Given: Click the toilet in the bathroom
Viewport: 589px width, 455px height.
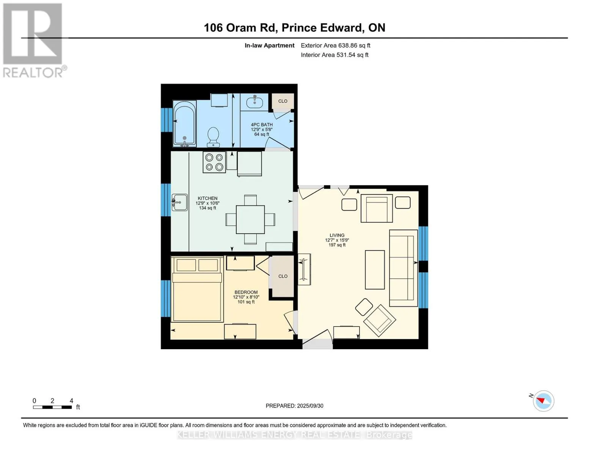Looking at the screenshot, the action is (213, 137).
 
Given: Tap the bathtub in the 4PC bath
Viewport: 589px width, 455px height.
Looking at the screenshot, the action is (184, 124).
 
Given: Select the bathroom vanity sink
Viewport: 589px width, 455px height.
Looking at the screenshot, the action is (254, 102).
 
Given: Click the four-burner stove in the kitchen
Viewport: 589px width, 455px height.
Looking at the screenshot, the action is (214, 162).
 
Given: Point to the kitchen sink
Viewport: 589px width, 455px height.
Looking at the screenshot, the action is (179, 202).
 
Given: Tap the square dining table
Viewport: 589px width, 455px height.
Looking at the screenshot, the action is (250, 220).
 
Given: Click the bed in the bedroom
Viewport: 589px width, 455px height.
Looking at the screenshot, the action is (197, 289).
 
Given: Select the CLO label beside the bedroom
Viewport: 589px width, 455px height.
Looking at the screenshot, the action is (283, 276).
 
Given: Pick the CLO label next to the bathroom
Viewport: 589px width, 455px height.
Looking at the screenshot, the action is (283, 101).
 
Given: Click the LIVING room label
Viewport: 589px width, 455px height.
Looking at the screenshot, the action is (337, 235).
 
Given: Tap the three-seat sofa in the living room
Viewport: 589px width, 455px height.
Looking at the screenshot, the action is (403, 268).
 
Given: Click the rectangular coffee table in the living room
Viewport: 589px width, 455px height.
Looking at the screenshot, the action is (375, 270).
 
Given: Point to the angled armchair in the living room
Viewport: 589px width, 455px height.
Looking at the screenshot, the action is (380, 319).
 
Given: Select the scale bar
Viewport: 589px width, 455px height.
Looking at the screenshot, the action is (52, 407).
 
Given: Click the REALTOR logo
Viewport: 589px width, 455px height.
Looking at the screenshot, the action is (34, 40).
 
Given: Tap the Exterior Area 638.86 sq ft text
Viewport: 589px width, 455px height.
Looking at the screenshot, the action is (335, 45).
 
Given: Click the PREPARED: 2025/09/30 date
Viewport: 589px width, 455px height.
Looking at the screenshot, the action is (294, 406).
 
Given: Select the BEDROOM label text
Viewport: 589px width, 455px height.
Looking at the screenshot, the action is (246, 292).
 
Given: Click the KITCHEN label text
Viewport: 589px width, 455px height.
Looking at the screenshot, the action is (207, 198).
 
